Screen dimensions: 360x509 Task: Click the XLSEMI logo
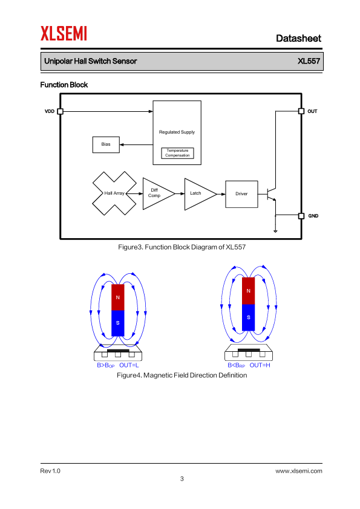coord(64,33)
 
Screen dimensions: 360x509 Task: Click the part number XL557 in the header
coord(309,61)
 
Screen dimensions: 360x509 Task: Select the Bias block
coord(106,144)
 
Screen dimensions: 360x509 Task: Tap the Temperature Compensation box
coord(177,153)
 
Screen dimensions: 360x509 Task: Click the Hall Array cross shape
coord(114,193)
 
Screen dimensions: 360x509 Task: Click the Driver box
coord(242,194)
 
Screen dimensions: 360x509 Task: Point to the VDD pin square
coord(60,111)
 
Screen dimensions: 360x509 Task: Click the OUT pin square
coord(301,111)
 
